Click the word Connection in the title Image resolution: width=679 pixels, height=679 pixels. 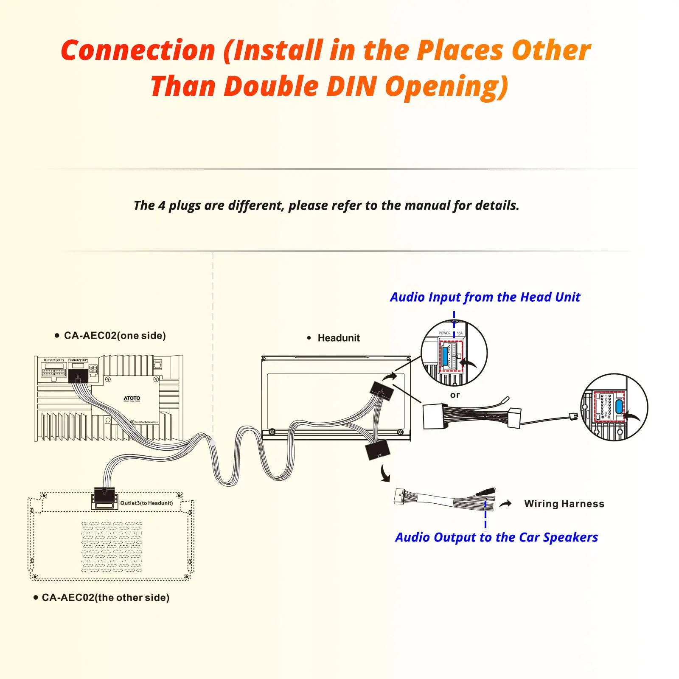138,51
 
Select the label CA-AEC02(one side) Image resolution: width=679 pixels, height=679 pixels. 115,336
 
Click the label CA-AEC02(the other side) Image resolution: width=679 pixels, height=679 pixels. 105,598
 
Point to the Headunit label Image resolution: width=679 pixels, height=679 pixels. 338,338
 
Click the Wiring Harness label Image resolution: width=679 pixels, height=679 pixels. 564,504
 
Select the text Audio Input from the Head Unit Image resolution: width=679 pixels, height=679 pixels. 485,297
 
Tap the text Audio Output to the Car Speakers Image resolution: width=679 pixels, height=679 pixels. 496,537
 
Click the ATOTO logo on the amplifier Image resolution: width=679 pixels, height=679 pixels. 132,398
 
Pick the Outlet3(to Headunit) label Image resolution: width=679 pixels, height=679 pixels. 146,503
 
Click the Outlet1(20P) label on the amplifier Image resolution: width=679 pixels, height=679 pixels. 53,360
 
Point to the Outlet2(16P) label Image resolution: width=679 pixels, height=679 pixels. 78,360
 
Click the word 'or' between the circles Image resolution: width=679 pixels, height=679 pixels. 455,395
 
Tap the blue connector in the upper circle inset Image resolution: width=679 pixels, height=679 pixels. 445,355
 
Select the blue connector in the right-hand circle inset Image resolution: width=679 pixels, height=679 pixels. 619,406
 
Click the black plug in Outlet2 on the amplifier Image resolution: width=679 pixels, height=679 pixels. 78,376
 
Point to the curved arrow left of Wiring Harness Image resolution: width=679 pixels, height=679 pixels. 505,504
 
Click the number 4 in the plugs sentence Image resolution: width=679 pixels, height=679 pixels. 162,206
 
